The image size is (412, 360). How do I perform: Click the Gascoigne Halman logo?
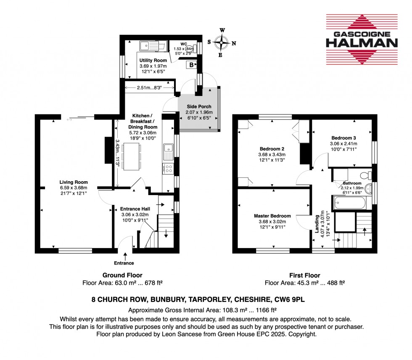tap(362, 40)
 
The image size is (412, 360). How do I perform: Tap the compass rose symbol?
tap(222, 42)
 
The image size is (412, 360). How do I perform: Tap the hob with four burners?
tap(168, 169)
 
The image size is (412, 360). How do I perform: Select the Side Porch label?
tap(199, 106)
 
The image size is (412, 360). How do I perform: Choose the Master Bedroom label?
tap(269, 216)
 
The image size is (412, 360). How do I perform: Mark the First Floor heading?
tap(304, 276)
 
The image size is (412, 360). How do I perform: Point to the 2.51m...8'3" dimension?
tap(149, 88)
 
